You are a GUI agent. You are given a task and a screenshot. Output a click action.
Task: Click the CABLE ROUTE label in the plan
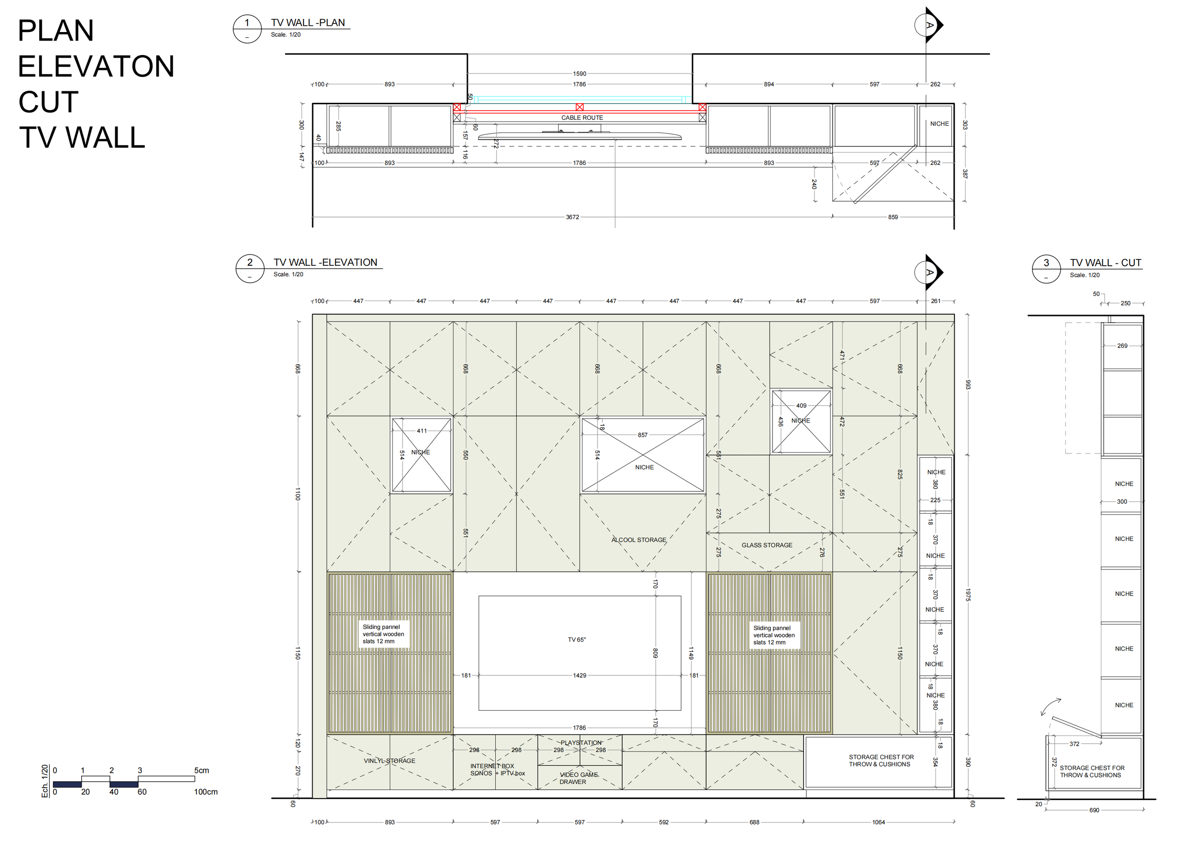click(x=582, y=118)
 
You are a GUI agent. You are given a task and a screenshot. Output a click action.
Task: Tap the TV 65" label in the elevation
click(x=576, y=639)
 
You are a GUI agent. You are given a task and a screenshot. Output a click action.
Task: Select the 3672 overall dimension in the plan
click(x=572, y=217)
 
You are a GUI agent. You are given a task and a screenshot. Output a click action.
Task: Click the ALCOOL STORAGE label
click(x=639, y=540)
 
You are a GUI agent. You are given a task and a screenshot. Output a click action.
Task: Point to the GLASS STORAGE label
click(x=767, y=545)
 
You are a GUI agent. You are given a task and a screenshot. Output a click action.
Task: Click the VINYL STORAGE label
click(x=389, y=761)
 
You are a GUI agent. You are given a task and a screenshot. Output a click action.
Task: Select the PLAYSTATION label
click(x=581, y=743)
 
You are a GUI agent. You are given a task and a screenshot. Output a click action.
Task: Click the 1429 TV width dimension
click(x=579, y=675)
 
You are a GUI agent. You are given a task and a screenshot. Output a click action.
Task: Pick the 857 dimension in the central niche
click(x=643, y=435)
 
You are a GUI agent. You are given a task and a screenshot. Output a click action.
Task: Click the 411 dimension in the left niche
click(x=422, y=431)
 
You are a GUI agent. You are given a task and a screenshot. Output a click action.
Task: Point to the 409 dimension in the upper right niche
click(x=801, y=405)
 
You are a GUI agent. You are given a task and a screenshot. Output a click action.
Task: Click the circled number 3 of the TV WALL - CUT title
click(x=1046, y=263)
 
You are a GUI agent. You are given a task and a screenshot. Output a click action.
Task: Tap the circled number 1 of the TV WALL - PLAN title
click(x=247, y=23)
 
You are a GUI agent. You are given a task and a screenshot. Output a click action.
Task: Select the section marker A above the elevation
click(x=930, y=272)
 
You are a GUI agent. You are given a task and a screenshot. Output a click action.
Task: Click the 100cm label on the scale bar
click(x=206, y=792)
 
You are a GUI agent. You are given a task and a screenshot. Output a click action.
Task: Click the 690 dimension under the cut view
click(x=1094, y=810)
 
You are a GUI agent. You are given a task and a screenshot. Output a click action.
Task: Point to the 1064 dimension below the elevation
click(x=878, y=822)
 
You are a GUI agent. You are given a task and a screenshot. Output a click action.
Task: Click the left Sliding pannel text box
click(x=383, y=634)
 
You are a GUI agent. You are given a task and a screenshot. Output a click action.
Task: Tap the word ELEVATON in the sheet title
click(x=96, y=66)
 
